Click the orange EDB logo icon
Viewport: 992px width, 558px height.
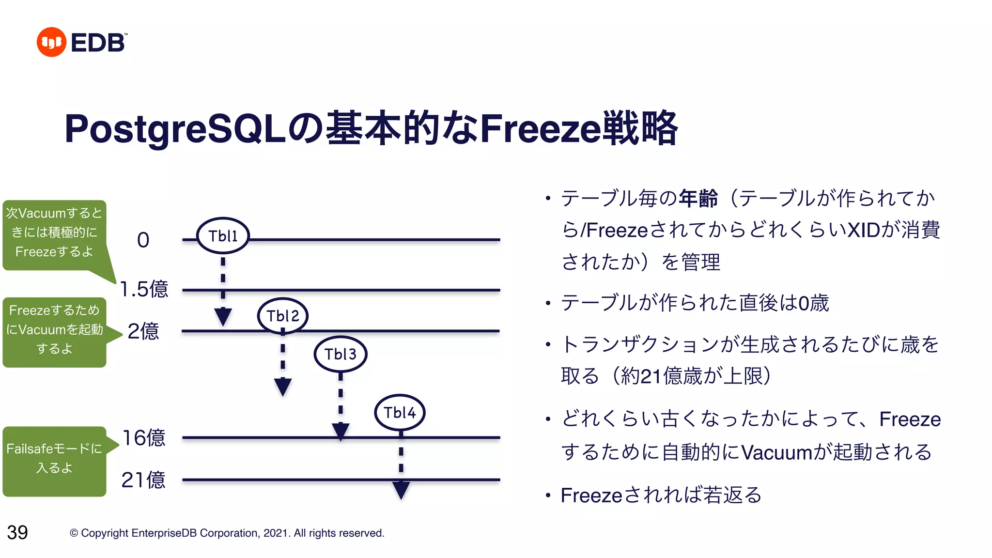(x=51, y=42)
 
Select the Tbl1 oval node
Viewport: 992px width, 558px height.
(x=223, y=236)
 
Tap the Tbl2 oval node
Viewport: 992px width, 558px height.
(x=283, y=316)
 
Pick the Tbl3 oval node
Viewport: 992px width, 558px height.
(x=341, y=354)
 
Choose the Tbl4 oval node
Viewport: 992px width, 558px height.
(x=400, y=413)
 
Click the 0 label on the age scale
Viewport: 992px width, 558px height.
(x=143, y=240)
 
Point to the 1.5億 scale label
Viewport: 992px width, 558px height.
(x=144, y=289)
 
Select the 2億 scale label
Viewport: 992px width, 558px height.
(x=143, y=331)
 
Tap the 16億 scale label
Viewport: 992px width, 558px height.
(x=144, y=438)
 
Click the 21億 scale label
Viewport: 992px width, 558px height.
(x=143, y=480)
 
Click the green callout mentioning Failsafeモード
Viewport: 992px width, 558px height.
(x=54, y=459)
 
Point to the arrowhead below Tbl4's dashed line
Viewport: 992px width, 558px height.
(x=401, y=490)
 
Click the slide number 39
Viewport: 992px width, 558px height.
(x=17, y=532)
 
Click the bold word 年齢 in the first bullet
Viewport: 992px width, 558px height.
(x=698, y=199)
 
